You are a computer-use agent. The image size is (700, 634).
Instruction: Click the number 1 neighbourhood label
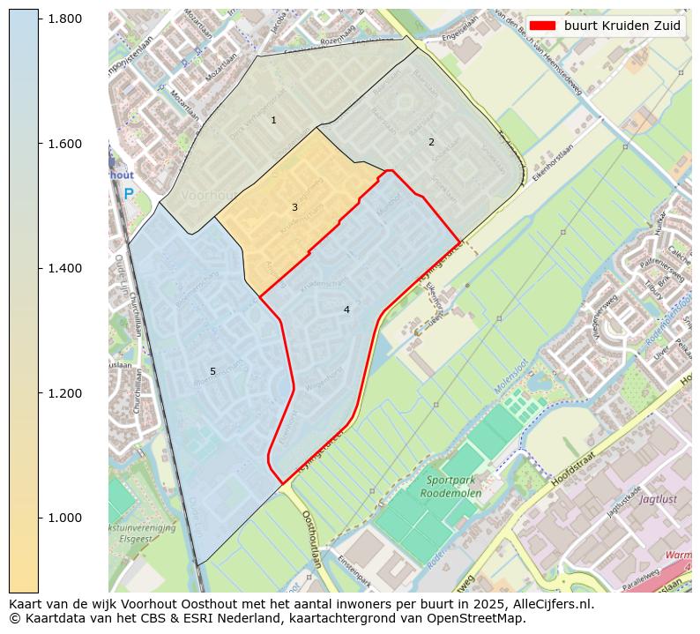273,120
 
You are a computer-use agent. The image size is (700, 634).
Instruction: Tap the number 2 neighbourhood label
431,142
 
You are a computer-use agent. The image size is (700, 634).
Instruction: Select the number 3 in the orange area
294,207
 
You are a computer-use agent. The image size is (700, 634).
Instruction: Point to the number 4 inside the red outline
346,310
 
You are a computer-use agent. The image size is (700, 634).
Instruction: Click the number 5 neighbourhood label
212,371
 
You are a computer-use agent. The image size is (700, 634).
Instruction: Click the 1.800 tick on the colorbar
64,19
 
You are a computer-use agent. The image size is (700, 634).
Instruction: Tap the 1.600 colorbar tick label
64,144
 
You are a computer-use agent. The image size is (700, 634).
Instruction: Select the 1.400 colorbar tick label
64,268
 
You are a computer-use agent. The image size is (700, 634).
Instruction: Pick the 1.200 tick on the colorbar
64,393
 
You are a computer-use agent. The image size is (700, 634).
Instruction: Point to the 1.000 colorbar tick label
64,518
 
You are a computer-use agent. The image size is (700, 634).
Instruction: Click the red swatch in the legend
542,26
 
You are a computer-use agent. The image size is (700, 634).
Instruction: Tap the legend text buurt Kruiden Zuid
622,26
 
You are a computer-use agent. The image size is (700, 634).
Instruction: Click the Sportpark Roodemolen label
454,487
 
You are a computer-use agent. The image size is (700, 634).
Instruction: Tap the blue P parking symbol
129,194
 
